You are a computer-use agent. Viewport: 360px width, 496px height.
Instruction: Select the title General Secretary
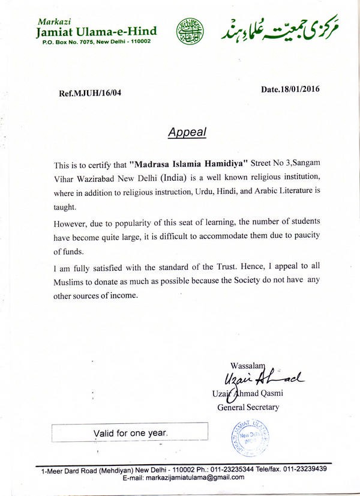248,407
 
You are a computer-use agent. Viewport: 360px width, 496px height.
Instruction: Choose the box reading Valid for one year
130,432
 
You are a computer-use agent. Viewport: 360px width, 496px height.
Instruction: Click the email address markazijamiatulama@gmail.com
184,477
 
